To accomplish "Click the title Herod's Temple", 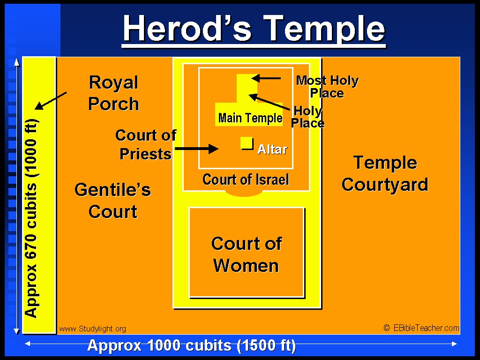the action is coord(254,29).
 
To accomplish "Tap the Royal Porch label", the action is coord(113,93).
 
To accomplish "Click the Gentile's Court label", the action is coord(113,201).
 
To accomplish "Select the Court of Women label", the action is coord(247,255).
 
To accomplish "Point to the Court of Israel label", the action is coord(246,180).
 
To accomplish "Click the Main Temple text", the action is coord(250,118).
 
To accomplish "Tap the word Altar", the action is coord(272,150).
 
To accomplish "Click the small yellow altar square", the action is coord(247,143).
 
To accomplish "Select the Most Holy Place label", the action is coord(327,87).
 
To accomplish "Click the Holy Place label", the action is coord(307,117).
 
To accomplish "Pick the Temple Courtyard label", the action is coord(385,173).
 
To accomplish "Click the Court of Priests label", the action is coord(146,144).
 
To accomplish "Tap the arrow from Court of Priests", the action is coord(197,149).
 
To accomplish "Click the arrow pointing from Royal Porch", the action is coord(51,101).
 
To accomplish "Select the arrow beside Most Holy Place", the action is coord(266,78).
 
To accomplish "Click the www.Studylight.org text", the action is coord(92,329).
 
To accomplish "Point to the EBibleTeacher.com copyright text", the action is coord(421,328).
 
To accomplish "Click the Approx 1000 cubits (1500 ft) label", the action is coord(192,345).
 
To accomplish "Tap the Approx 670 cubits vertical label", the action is coord(31,218).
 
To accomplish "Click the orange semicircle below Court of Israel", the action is coord(244,193).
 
